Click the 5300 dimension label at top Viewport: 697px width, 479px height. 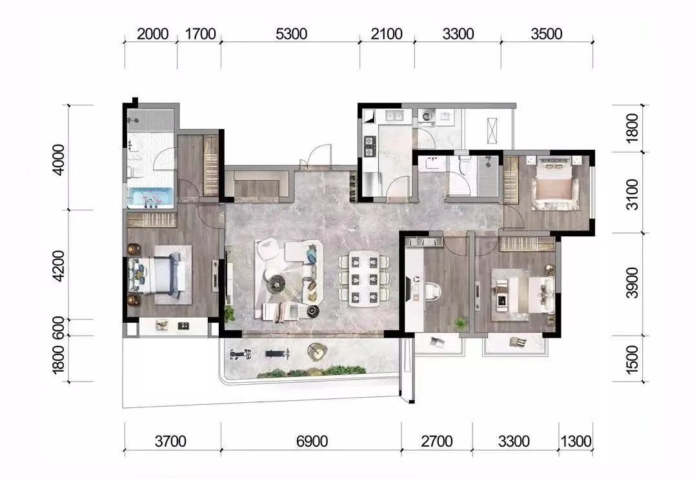pyautogui.click(x=291, y=34)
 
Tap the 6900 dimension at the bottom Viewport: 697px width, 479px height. pyautogui.click(x=312, y=441)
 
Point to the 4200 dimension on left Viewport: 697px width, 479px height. pyautogui.click(x=59, y=265)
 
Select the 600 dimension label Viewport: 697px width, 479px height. pyautogui.click(x=59, y=327)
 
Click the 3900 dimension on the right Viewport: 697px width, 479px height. pyautogui.click(x=632, y=283)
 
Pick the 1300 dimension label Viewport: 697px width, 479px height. pyautogui.click(x=576, y=441)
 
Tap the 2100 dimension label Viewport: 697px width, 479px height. pyautogui.click(x=387, y=34)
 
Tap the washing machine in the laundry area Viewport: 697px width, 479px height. pyautogui.click(x=427, y=117)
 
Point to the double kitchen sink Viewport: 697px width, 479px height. pyautogui.click(x=394, y=116)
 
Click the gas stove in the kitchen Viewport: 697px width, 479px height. pyautogui.click(x=370, y=147)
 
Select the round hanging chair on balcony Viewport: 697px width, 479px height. pyautogui.click(x=316, y=351)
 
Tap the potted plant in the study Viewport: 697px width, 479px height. pyautogui.click(x=461, y=322)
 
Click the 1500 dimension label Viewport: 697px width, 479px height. pyautogui.click(x=632, y=360)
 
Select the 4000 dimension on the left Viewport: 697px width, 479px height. pyautogui.click(x=59, y=159)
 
